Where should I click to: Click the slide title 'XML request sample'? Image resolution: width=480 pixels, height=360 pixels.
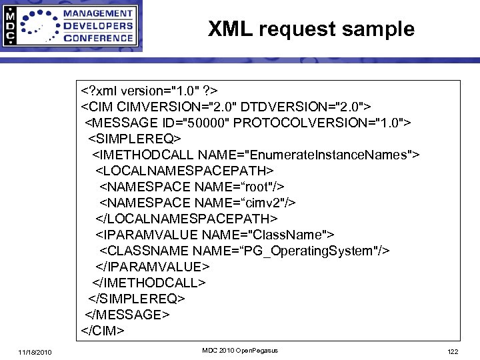[x=311, y=29]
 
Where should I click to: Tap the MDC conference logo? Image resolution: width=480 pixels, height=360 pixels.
[x=71, y=26]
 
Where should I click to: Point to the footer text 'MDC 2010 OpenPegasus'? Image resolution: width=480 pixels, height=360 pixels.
[x=239, y=351]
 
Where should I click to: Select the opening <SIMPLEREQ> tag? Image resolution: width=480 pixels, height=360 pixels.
[x=134, y=138]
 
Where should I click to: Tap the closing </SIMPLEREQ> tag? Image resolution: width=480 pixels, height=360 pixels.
[x=136, y=298]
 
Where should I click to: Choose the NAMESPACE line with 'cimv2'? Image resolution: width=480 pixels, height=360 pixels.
[x=198, y=202]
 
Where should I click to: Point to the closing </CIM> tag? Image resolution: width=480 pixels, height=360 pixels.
[x=103, y=330]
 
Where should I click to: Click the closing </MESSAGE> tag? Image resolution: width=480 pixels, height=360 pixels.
[x=127, y=314]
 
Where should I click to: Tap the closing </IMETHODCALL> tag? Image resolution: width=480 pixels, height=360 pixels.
[x=149, y=282]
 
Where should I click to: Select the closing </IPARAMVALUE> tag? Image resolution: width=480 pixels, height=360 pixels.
[x=153, y=266]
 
